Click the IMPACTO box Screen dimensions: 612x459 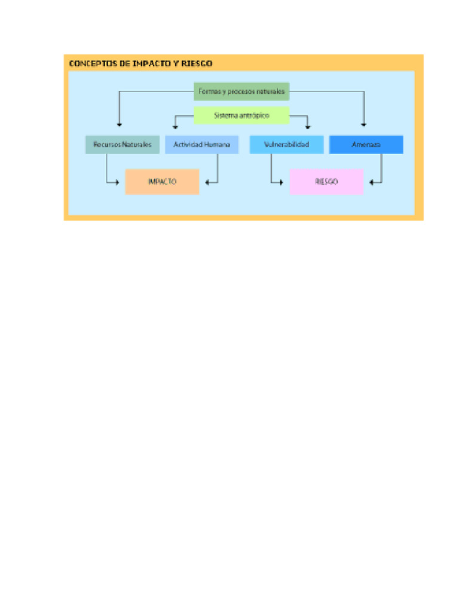(x=162, y=182)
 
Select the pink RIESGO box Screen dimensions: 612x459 (x=326, y=182)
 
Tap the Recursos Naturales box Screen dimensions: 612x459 (x=123, y=145)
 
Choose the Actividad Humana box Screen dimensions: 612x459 (x=201, y=145)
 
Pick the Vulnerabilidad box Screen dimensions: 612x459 (x=286, y=145)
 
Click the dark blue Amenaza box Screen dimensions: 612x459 (x=366, y=145)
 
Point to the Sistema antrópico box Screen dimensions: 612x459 (x=241, y=115)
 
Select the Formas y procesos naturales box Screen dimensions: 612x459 (x=241, y=92)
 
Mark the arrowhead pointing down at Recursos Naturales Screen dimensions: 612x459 (x=120, y=125)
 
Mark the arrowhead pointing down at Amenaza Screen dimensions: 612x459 (x=364, y=125)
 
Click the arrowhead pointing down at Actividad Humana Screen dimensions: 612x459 (x=175, y=127)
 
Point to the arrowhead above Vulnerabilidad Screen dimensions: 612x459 (x=308, y=127)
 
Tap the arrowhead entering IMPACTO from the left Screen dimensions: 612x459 (x=117, y=182)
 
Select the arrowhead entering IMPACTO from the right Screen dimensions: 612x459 (x=206, y=182)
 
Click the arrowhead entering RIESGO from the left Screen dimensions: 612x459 (x=281, y=182)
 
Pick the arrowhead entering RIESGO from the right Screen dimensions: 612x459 (x=371, y=182)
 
